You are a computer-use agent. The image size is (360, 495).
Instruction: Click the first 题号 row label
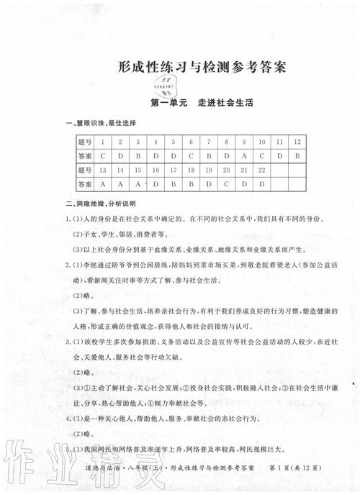tap(84, 142)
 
